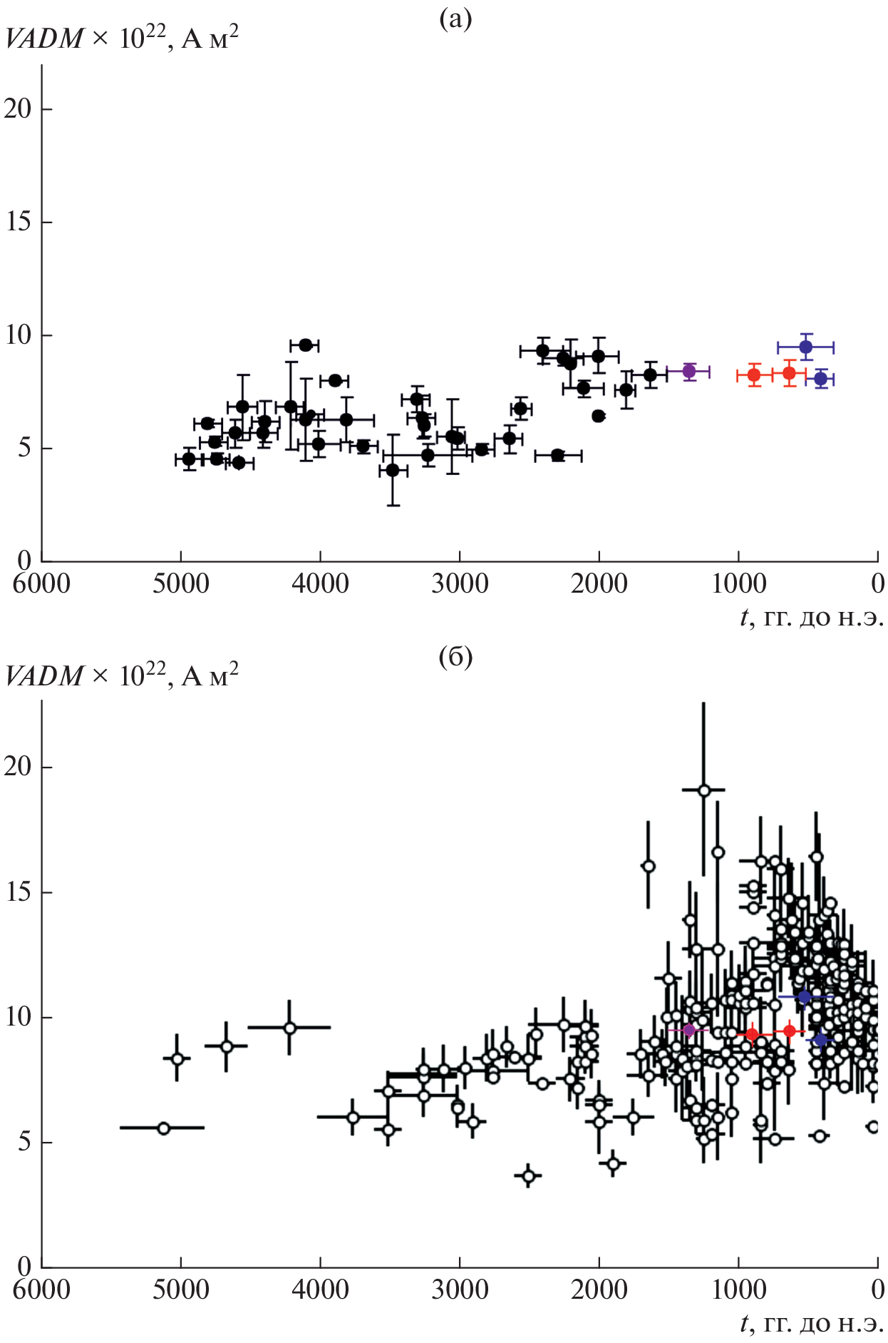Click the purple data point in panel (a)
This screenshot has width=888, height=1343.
pyautogui.click(x=689, y=371)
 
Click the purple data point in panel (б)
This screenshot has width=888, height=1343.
pyautogui.click(x=688, y=1030)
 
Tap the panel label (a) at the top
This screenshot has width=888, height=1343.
pyautogui.click(x=455, y=19)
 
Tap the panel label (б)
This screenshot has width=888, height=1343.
pyautogui.click(x=455, y=656)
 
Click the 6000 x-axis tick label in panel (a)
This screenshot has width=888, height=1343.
pyautogui.click(x=42, y=584)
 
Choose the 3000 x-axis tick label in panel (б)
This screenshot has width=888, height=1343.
pyautogui.click(x=460, y=1290)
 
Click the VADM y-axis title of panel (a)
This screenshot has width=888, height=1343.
pyautogui.click(x=121, y=38)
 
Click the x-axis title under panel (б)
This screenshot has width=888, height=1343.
pyautogui.click(x=812, y=1324)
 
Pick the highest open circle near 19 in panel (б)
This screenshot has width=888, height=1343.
pyautogui.click(x=704, y=790)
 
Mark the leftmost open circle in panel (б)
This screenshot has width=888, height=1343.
pyautogui.click(x=163, y=1128)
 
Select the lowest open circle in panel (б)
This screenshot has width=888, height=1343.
pyautogui.click(x=529, y=1176)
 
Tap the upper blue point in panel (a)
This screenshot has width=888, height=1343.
pyautogui.click(x=806, y=347)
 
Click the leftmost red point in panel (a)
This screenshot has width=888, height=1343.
pyautogui.click(x=754, y=375)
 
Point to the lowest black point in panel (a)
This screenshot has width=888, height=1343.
pyautogui.click(x=393, y=470)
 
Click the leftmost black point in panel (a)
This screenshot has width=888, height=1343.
pyautogui.click(x=189, y=459)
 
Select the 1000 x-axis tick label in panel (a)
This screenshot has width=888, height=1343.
pyautogui.click(x=738, y=584)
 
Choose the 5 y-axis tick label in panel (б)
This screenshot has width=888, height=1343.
pyautogui.click(x=24, y=1143)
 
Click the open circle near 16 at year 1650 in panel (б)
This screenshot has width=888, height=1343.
pyautogui.click(x=649, y=866)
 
